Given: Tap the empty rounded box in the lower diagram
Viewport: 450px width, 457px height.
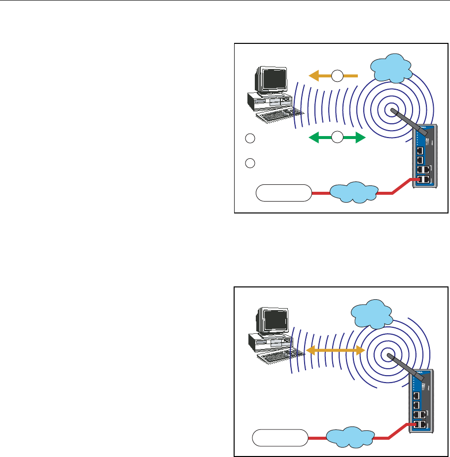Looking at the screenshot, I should point(280,437).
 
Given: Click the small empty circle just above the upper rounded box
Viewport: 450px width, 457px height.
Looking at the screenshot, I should point(250,162).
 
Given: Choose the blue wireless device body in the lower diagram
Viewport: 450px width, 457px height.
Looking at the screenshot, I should point(421,401).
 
